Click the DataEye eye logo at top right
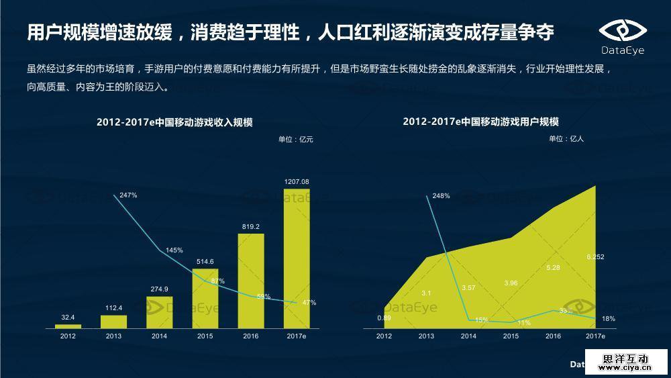(622, 31)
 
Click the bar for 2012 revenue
(68, 326)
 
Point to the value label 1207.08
(297, 182)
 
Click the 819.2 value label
(251, 227)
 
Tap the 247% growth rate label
(128, 195)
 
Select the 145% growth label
(174, 250)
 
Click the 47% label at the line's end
(309, 303)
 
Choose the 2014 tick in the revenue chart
(159, 336)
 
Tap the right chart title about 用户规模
(480, 122)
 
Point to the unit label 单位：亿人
(566, 139)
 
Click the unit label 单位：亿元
(296, 140)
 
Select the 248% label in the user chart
(441, 196)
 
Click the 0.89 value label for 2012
(384, 318)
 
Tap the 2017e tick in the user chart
(595, 336)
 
